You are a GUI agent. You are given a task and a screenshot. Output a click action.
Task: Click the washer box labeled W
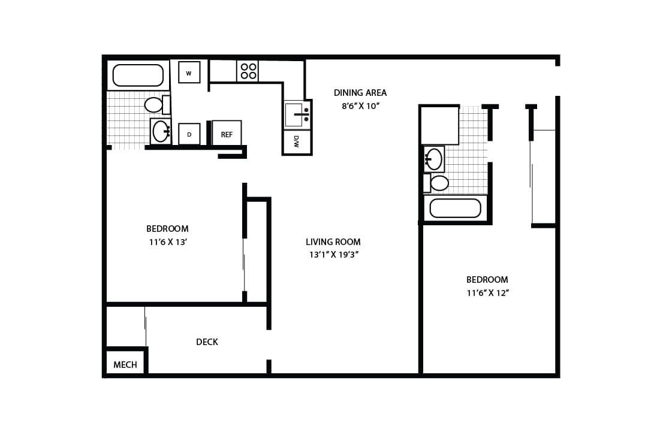coord(189,72)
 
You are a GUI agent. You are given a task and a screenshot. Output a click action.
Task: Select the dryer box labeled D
coord(189,134)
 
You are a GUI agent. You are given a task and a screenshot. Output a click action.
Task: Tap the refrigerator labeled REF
coord(227,134)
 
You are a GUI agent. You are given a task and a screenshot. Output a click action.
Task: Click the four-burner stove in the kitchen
coord(247,71)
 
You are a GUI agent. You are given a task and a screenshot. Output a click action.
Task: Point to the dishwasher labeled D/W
coord(297,142)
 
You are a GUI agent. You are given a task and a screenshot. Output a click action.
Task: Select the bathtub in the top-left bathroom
coord(138,75)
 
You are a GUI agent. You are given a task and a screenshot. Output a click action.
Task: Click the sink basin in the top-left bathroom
coord(160,131)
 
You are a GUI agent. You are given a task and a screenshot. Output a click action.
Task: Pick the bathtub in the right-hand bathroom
coord(456,209)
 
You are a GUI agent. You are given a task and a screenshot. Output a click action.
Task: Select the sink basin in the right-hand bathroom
coord(434,159)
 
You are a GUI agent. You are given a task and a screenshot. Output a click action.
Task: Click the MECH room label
coord(125,364)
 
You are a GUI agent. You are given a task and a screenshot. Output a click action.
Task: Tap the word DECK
coord(207,342)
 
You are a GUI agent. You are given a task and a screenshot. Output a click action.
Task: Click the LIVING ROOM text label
coord(333,242)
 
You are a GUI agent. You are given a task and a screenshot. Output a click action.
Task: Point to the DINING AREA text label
coord(360,93)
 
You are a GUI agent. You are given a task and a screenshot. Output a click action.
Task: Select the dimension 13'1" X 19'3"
coord(333,255)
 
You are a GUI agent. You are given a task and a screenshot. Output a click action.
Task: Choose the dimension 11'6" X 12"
coord(487,293)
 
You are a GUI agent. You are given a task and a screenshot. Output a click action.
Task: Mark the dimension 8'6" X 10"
coord(360,106)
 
